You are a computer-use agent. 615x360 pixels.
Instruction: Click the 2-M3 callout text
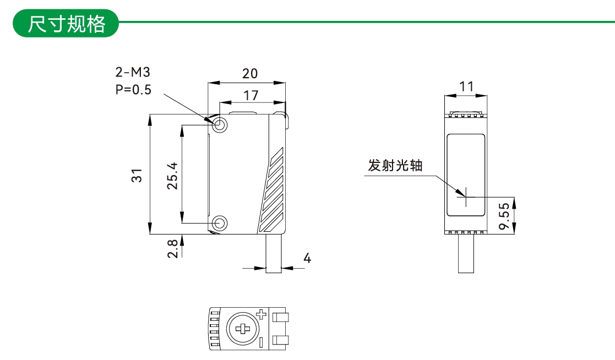(x=133, y=72)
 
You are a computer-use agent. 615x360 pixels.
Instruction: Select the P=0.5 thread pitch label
(x=133, y=90)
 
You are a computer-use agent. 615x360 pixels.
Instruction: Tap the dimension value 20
(x=250, y=73)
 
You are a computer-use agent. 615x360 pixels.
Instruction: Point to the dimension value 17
(x=251, y=95)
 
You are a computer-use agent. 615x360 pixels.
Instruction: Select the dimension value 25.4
(x=173, y=175)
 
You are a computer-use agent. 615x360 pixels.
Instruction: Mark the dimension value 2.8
(x=173, y=249)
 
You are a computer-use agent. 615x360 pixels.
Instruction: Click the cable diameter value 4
(x=307, y=258)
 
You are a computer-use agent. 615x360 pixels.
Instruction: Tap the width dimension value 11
(x=466, y=86)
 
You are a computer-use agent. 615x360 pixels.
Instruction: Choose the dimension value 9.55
(x=503, y=216)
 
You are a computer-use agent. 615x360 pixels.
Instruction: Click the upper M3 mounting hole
(x=220, y=124)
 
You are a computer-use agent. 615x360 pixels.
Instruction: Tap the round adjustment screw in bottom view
(x=242, y=329)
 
